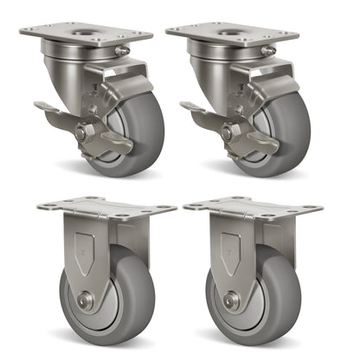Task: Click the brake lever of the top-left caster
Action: tap(47, 109)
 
